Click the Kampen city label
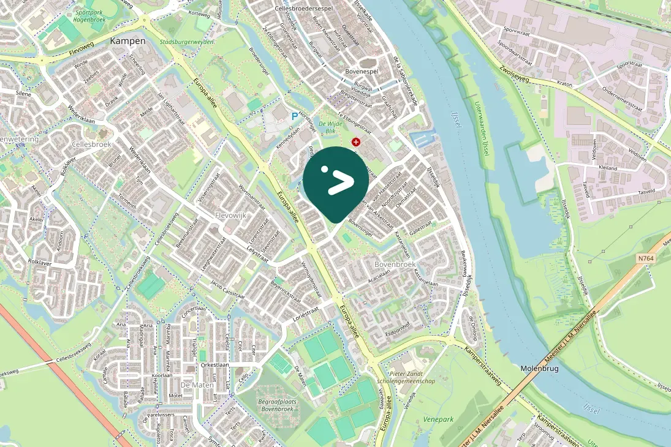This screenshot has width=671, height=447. pos(127,41)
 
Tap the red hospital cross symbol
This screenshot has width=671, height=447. pos(355,142)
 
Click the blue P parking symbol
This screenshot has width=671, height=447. pos(294,115)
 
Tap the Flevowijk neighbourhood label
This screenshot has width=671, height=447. pos(230,216)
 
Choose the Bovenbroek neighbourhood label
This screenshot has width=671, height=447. pos(396,265)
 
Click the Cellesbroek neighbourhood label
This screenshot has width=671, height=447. pos(91,145)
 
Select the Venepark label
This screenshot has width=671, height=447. pos(437,420)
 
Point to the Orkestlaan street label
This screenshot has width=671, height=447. pos(214,364)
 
